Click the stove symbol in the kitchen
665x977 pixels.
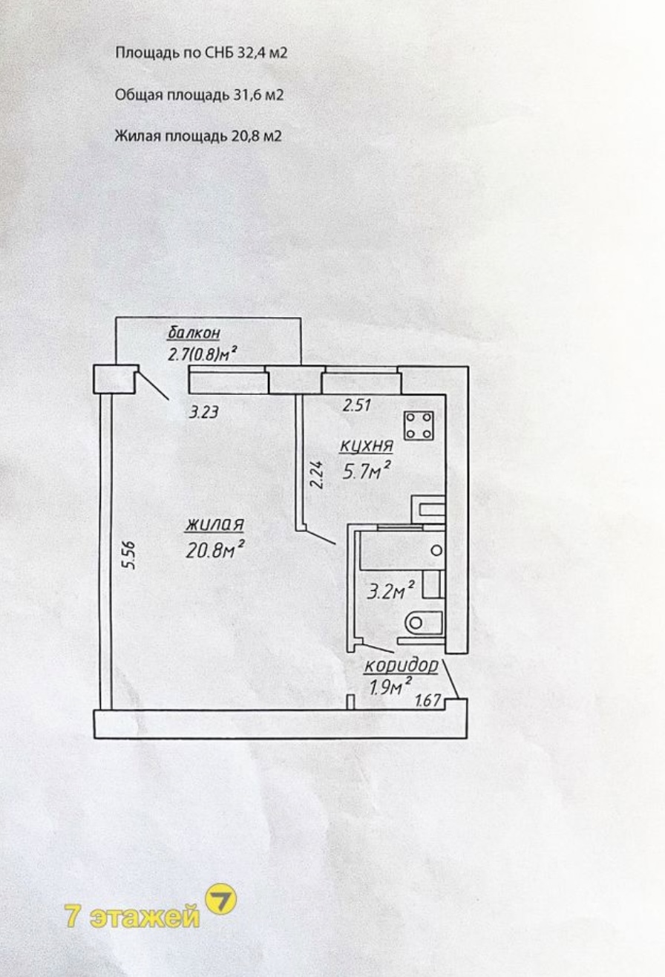pyautogui.click(x=419, y=425)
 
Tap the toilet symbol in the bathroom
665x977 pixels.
pyautogui.click(x=424, y=622)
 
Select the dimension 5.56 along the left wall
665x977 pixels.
pyautogui.click(x=129, y=555)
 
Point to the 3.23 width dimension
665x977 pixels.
pyautogui.click(x=203, y=412)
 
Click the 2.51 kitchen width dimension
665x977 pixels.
pyautogui.click(x=356, y=405)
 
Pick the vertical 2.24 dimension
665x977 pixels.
pyautogui.click(x=318, y=475)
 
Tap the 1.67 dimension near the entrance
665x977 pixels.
pyautogui.click(x=427, y=700)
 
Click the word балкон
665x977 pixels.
pyautogui.click(x=194, y=333)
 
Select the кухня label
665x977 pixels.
pyautogui.click(x=367, y=445)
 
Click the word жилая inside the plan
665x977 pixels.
pyautogui.click(x=214, y=525)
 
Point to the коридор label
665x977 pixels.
pyautogui.click(x=401, y=666)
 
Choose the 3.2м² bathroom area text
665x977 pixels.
pyautogui.click(x=390, y=592)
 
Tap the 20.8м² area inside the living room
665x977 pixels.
pyautogui.click(x=215, y=549)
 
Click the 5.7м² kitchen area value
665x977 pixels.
pyautogui.click(x=365, y=471)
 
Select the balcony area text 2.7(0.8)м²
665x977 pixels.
pyautogui.click(x=202, y=353)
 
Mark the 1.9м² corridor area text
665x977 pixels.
pyautogui.click(x=390, y=687)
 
